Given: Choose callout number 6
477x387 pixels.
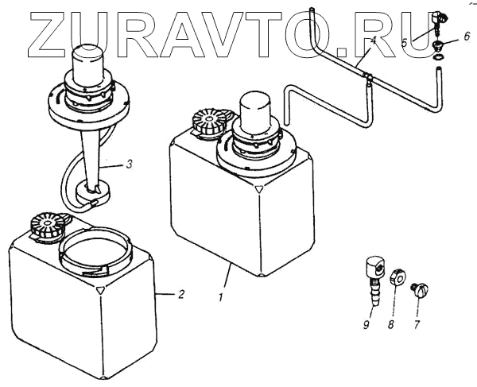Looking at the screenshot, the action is pos(467,36).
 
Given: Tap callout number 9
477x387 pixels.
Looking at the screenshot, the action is pos(366,324).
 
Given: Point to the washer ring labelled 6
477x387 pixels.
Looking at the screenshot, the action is pos(440,55).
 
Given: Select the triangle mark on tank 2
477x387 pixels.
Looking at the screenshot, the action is pos(99,291).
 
